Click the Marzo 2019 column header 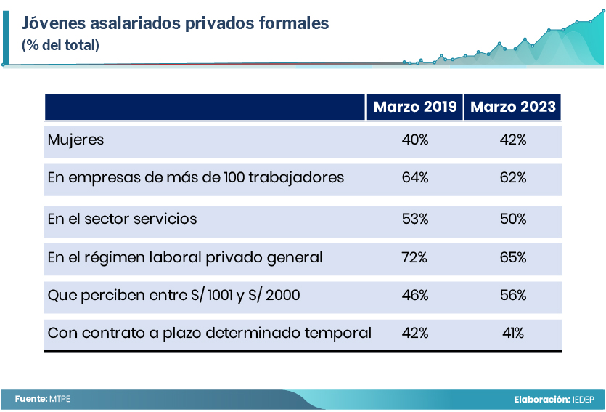tap(415, 108)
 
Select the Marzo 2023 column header tap(513, 108)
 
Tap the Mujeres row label tap(75, 140)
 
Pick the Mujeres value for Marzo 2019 tap(415, 140)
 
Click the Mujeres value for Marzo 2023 tap(513, 140)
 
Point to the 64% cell tap(415, 178)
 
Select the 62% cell tap(513, 178)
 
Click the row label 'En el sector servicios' tap(122, 219)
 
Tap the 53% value tap(415, 219)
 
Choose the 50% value tap(513, 219)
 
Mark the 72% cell tap(415, 258)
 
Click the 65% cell tap(513, 258)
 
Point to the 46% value tap(415, 296)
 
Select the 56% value tap(513, 296)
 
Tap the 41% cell tap(513, 334)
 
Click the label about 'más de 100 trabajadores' tap(195, 178)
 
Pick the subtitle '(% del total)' tap(60, 45)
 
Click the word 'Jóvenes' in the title tap(53, 23)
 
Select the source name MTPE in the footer tap(60, 399)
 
